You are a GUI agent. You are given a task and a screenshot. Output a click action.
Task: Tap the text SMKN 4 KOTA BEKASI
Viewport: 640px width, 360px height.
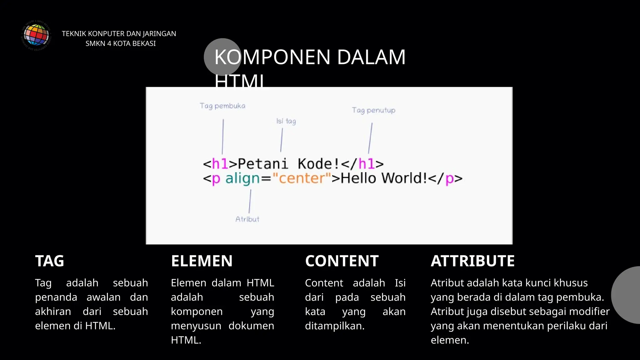(121, 43)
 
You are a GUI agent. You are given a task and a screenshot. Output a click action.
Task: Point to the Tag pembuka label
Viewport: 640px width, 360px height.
(222, 106)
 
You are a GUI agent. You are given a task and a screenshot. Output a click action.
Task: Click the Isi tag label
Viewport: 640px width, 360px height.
(286, 121)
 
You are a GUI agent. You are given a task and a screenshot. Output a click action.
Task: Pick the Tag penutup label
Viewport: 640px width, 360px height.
(373, 110)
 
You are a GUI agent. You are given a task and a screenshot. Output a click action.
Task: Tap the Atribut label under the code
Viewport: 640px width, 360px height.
(247, 219)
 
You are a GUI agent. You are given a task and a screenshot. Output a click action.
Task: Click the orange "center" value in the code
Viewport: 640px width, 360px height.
(302, 178)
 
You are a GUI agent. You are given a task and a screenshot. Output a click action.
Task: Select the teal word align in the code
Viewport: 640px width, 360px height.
(242, 178)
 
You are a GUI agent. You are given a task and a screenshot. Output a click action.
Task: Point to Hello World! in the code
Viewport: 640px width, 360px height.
(384, 178)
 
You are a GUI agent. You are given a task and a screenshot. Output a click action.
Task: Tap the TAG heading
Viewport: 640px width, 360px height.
(50, 261)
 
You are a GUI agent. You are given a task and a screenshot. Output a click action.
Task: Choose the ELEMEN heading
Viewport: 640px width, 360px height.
(202, 261)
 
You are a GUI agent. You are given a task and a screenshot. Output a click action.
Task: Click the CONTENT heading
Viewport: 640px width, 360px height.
(342, 261)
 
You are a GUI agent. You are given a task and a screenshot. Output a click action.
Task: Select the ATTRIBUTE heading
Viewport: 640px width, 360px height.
(472, 261)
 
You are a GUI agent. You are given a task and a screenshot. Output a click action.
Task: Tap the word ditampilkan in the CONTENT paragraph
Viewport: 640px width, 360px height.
(334, 326)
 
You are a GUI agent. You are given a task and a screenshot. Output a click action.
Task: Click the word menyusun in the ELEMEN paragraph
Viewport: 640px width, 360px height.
(196, 326)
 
